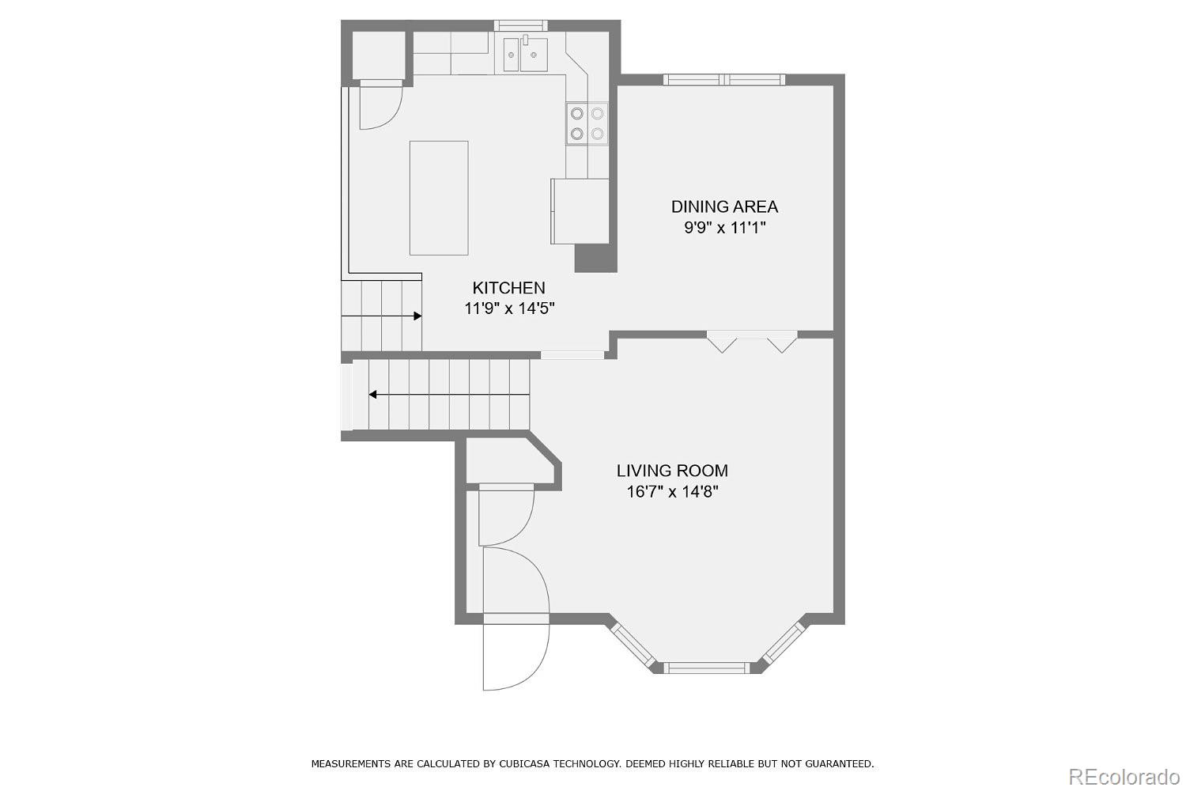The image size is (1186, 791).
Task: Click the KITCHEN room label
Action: pyautogui.click(x=508, y=288)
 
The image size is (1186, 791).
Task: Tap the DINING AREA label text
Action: pyautogui.click(x=724, y=206)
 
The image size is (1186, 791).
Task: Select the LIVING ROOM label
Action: pyautogui.click(x=672, y=471)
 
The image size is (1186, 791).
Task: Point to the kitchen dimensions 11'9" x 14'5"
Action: pyautogui.click(x=509, y=308)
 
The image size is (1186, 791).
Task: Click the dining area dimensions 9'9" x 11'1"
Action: pyautogui.click(x=725, y=228)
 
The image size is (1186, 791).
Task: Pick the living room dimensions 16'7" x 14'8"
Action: pyautogui.click(x=672, y=492)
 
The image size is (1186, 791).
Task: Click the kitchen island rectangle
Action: pyautogui.click(x=439, y=199)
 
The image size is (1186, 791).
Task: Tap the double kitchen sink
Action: pyautogui.click(x=525, y=54)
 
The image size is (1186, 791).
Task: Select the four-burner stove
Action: pyautogui.click(x=587, y=123)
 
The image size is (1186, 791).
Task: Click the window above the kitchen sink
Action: pyautogui.click(x=521, y=25)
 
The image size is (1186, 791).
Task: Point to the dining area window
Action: pyautogui.click(x=724, y=79)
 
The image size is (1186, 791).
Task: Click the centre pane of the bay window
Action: pyautogui.click(x=707, y=668)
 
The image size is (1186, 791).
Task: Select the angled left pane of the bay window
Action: pyautogui.click(x=634, y=645)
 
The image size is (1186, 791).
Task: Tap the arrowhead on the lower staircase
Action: pyautogui.click(x=372, y=395)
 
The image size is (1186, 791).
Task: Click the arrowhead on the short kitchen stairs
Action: pyautogui.click(x=417, y=316)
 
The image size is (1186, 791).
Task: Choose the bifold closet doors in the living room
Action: pyautogui.click(x=752, y=342)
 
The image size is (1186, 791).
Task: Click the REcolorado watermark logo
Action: pyautogui.click(x=1123, y=778)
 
